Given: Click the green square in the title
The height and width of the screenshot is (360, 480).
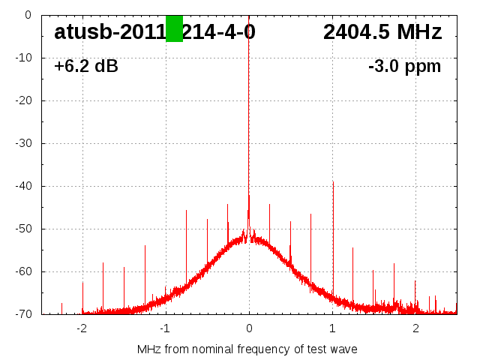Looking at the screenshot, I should pos(174,28).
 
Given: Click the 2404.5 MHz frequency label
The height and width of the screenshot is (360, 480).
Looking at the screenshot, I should pos(382,31).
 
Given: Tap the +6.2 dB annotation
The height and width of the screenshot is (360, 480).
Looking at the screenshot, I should pos(86,66).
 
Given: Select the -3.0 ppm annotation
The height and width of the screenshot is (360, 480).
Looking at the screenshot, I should pos(405,66).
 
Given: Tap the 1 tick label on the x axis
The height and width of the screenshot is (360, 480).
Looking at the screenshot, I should pos(332,328).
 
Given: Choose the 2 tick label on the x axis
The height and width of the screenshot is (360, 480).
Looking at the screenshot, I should pos(415,328).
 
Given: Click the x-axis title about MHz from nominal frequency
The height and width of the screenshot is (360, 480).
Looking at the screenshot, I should pos(247,349).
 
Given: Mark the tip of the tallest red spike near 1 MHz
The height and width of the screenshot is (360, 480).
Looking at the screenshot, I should pos(333,181).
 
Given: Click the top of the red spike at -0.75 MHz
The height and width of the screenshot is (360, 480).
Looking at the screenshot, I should pos(186,211).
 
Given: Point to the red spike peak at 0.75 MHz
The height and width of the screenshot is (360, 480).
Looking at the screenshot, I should pos(311,213).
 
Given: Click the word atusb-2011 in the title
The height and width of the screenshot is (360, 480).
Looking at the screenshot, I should pos(109,31).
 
